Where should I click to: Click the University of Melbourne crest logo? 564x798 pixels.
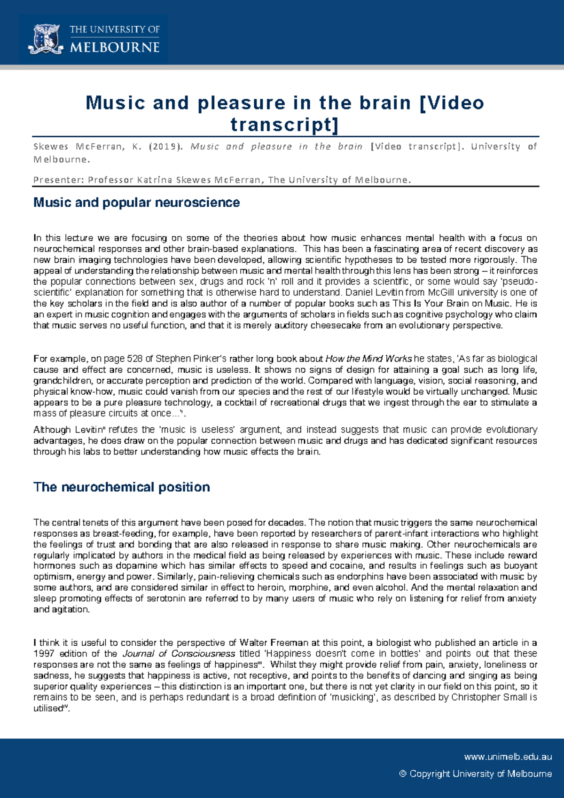pos(46,39)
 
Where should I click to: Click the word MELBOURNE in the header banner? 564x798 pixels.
pos(115,47)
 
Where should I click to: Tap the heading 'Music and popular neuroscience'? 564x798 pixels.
pos(136,203)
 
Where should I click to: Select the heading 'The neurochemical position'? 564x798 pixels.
pos(121,487)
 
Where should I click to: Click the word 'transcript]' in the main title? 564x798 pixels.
pos(284,125)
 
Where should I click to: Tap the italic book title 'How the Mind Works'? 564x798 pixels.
pos(368,359)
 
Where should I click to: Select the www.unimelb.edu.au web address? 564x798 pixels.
pos(508,757)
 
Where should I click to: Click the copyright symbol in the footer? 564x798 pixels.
pos(402,774)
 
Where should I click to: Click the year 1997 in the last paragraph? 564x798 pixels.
pos(44,654)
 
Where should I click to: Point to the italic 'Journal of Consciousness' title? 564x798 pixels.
pos(179,654)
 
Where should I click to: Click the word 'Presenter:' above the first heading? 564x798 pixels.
pos(59,180)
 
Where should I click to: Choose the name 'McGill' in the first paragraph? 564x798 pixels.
pos(444,292)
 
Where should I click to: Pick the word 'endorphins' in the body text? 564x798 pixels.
pos(346,577)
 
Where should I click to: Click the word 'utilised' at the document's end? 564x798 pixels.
pos(47,709)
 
